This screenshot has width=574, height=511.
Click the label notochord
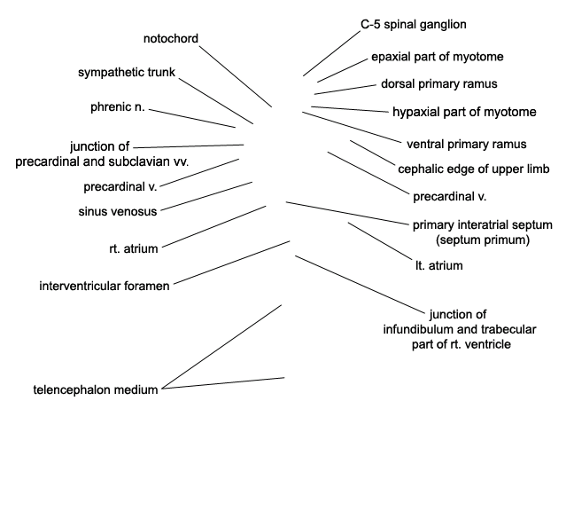171,38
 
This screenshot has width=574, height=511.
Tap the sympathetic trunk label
127,72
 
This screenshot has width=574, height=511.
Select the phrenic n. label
118,107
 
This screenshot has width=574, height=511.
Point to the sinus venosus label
118,211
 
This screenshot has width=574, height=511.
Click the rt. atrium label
134,248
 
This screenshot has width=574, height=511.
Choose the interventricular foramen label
105,286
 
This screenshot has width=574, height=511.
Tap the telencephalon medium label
96,389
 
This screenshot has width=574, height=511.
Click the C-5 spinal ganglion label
414,25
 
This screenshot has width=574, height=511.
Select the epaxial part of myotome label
438,57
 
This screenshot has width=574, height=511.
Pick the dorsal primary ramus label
439,84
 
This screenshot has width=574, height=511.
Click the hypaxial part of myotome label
464,112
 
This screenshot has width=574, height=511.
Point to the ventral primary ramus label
467,144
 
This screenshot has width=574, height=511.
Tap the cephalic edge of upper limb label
474,169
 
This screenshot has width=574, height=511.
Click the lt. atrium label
439,265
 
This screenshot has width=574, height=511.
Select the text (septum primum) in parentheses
483,240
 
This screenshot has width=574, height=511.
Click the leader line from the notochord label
236,76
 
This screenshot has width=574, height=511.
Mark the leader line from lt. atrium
380,241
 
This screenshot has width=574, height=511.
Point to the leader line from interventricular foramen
232,263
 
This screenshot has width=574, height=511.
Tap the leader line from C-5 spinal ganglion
331,53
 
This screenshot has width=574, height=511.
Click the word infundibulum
430,329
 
